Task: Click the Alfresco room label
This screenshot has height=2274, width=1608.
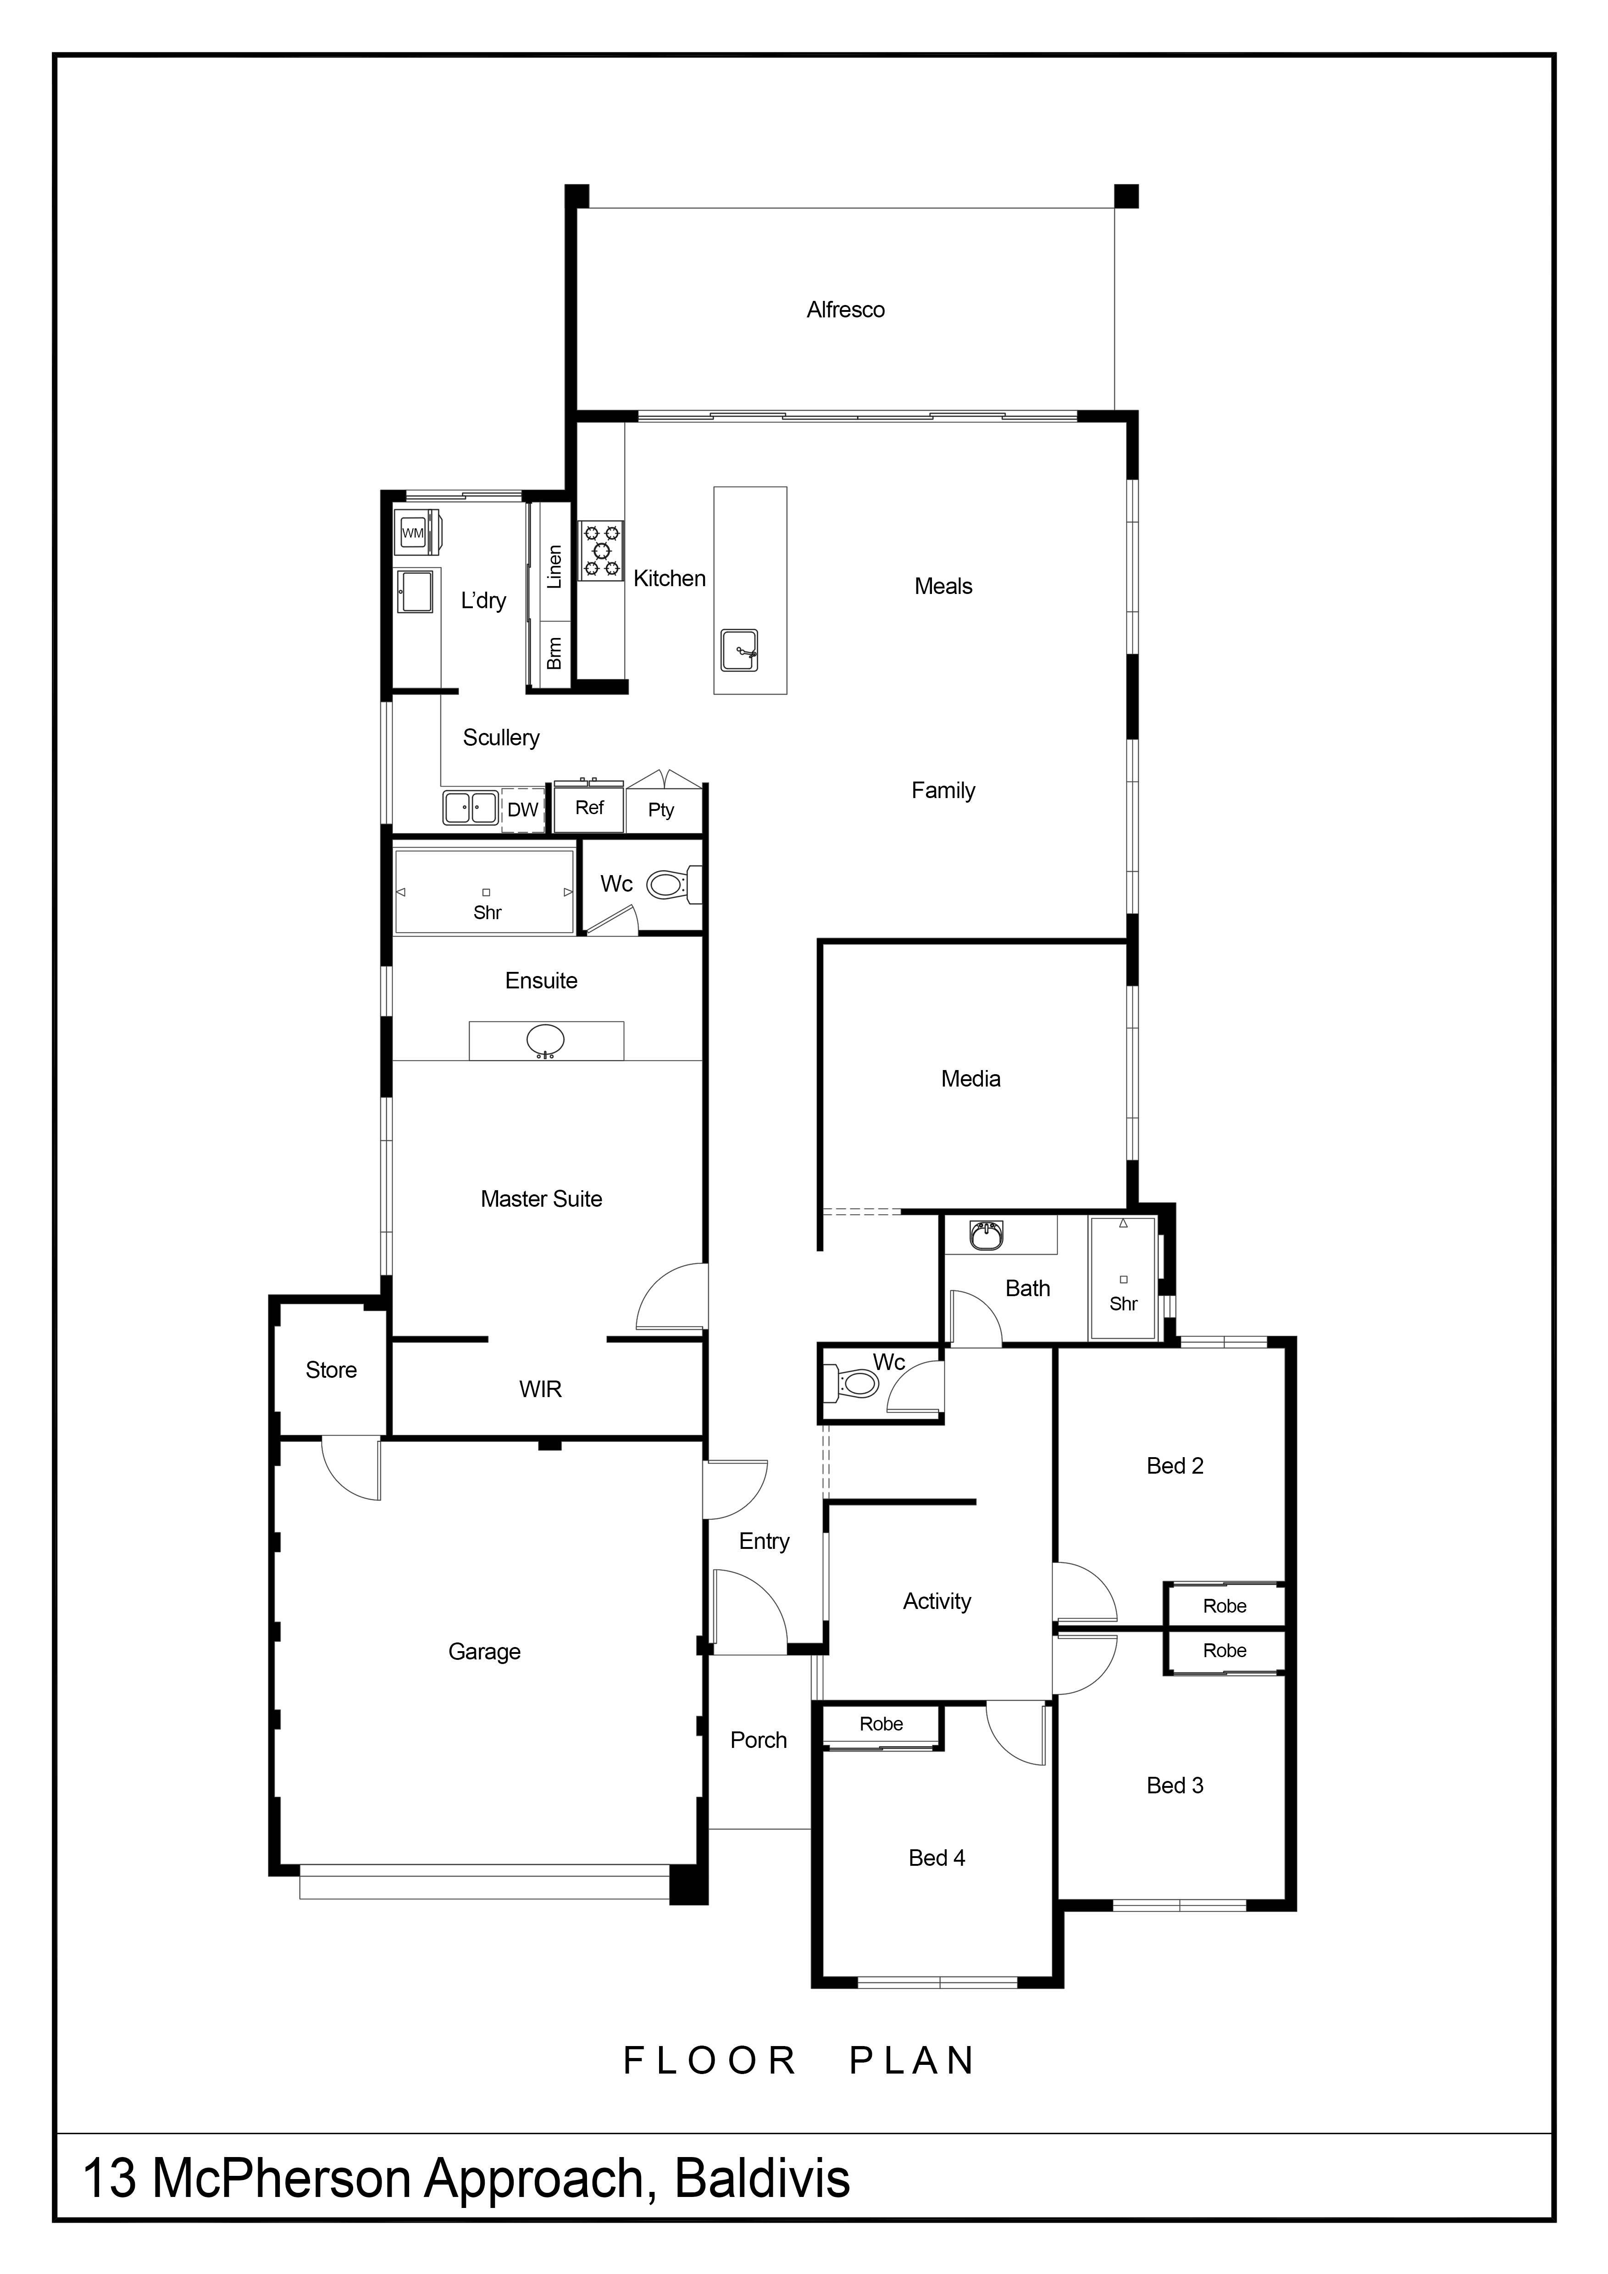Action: [846, 310]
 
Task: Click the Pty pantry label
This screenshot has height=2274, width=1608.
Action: [661, 810]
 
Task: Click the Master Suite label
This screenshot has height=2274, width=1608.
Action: [542, 1199]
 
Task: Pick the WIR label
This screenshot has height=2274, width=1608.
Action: [541, 1390]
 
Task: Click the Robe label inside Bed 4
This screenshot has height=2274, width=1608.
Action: [881, 1725]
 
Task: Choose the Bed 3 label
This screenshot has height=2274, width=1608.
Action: [1176, 1786]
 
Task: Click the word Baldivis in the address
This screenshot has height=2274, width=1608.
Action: [762, 2179]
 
